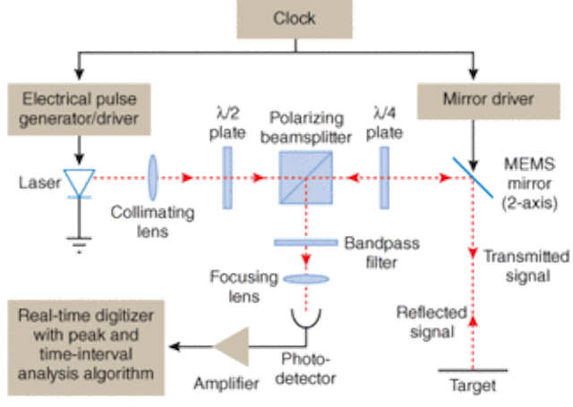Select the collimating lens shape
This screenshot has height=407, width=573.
151,176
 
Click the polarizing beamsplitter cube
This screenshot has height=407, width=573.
305,177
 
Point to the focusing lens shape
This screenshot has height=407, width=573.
306,279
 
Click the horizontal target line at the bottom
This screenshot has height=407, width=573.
472,369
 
